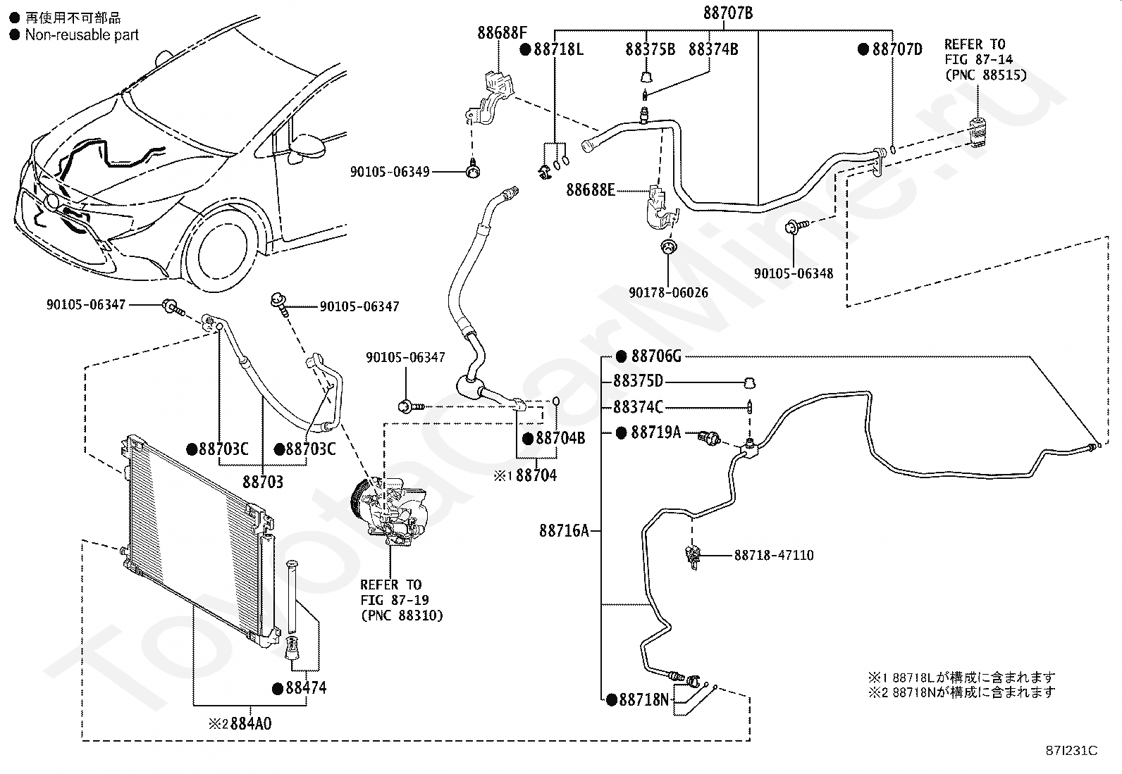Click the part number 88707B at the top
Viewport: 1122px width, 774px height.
pos(728,13)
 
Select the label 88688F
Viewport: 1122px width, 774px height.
pos(502,33)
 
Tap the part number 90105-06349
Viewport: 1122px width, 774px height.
pos(390,172)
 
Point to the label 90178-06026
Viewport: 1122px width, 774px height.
pos(669,292)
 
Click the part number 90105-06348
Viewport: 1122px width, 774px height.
pos(794,273)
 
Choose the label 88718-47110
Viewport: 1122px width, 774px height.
pos(774,555)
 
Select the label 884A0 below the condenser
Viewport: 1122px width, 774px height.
pos(250,723)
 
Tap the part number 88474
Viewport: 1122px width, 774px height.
pos(306,688)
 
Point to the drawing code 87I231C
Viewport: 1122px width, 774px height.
pos(1071,751)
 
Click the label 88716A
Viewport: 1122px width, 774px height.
pos(564,531)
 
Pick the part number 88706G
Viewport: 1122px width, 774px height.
pos(656,356)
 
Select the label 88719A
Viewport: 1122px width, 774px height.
pos(655,432)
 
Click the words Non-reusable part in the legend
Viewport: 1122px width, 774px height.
pos(82,35)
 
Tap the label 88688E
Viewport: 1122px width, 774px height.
pos(591,189)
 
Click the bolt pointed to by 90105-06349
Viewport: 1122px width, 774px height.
pos(472,170)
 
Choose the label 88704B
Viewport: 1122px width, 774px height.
pos(560,439)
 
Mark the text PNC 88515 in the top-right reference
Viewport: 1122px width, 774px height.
pos(986,75)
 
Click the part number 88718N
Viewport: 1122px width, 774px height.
pos(643,700)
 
